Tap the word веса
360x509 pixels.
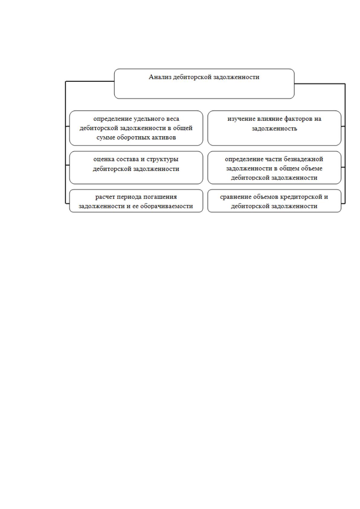[173, 119]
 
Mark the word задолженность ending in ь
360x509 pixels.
[274, 129]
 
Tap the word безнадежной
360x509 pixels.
[303, 159]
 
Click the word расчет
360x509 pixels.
[105, 197]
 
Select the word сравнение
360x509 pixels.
[234, 197]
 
